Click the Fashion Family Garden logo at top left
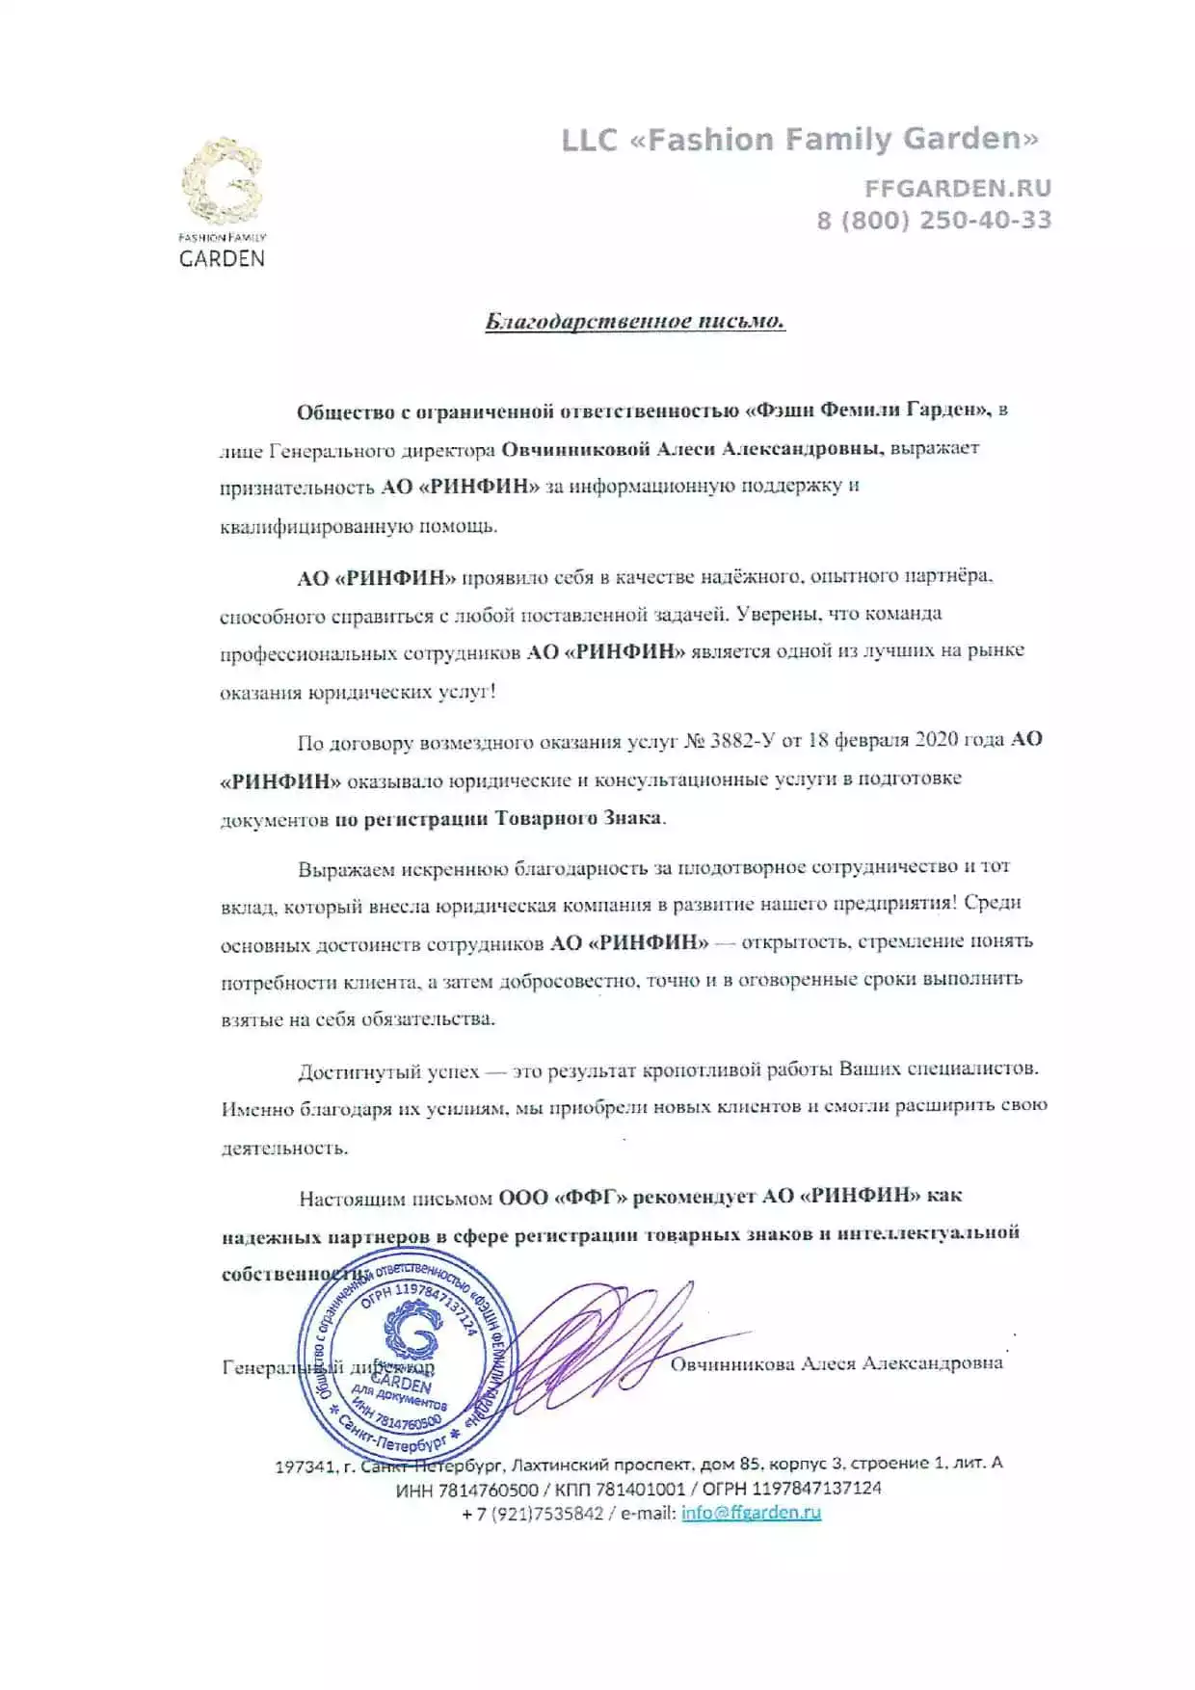(222, 202)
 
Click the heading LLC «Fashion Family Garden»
(800, 141)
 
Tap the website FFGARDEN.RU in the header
(957, 189)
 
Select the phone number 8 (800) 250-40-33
(934, 221)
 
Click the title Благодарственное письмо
(635, 321)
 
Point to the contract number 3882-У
(743, 740)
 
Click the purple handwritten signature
(597, 1344)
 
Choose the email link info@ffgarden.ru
(751, 1513)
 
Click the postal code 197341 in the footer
(305, 1466)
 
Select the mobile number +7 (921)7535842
(532, 1514)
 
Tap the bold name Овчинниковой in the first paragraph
(575, 449)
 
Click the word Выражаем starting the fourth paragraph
(346, 870)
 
